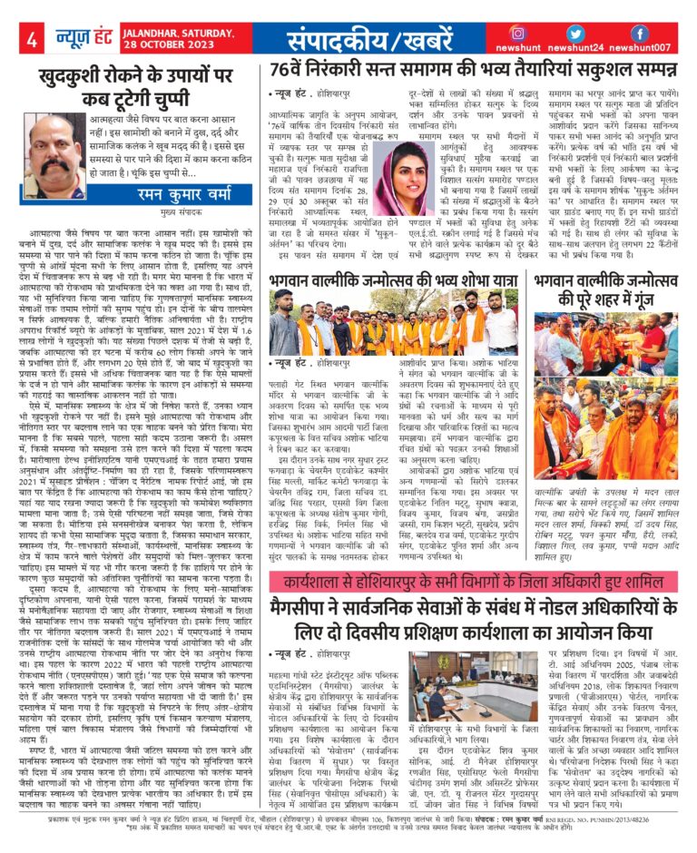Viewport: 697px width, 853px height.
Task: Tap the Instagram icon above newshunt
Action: click(518, 34)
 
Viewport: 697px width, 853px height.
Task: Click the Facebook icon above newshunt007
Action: click(639, 34)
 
